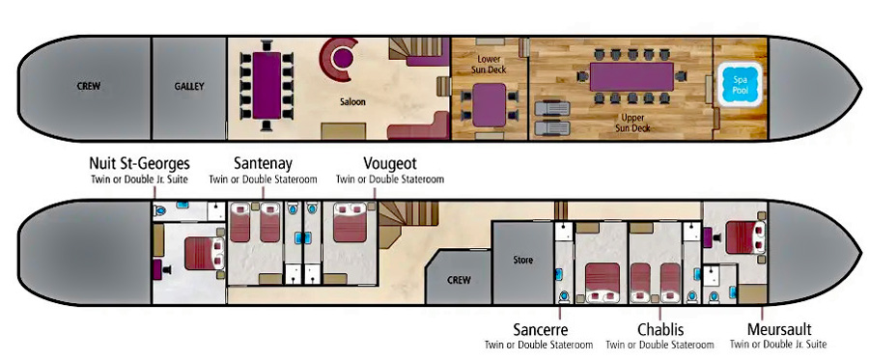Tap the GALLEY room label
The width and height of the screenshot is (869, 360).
(x=189, y=86)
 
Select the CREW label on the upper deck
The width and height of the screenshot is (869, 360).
(x=89, y=86)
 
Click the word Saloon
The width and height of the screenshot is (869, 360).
(x=352, y=103)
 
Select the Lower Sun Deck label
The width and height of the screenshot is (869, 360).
(x=489, y=63)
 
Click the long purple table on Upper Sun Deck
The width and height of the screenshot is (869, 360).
(x=630, y=76)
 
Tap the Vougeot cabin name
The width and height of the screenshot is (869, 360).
(x=389, y=164)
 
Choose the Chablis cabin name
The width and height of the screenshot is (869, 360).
(x=660, y=329)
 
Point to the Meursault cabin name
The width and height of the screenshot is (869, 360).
(x=777, y=329)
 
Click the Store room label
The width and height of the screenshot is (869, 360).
(x=521, y=259)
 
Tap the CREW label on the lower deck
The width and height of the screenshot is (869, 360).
(x=459, y=280)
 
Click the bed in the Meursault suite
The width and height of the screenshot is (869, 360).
(x=744, y=236)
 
